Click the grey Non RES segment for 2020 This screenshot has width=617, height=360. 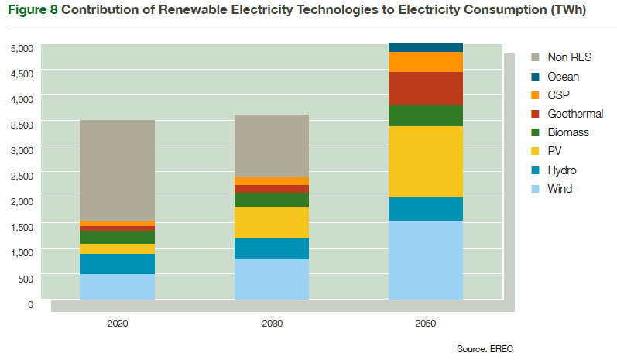click(x=117, y=170)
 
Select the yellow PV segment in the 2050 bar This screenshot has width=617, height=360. click(x=426, y=162)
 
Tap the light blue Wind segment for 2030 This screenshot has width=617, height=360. click(x=272, y=279)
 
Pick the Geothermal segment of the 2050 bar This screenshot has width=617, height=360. click(x=426, y=88)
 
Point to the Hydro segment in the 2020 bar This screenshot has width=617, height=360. click(x=117, y=264)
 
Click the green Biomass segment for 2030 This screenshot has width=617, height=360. click(x=272, y=201)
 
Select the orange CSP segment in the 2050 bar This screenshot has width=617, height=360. click(x=426, y=62)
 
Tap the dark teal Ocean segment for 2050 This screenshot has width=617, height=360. click(x=426, y=47)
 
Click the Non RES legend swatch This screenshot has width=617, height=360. click(x=535, y=57)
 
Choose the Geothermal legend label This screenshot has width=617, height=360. click(x=575, y=114)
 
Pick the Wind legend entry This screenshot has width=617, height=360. click(x=560, y=189)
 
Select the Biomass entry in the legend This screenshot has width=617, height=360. click(x=568, y=132)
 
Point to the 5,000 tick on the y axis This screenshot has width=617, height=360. click(x=22, y=48)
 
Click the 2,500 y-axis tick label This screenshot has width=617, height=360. click(x=22, y=176)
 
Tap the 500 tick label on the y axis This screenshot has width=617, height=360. click(x=26, y=278)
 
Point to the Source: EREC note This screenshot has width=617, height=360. click(x=485, y=349)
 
